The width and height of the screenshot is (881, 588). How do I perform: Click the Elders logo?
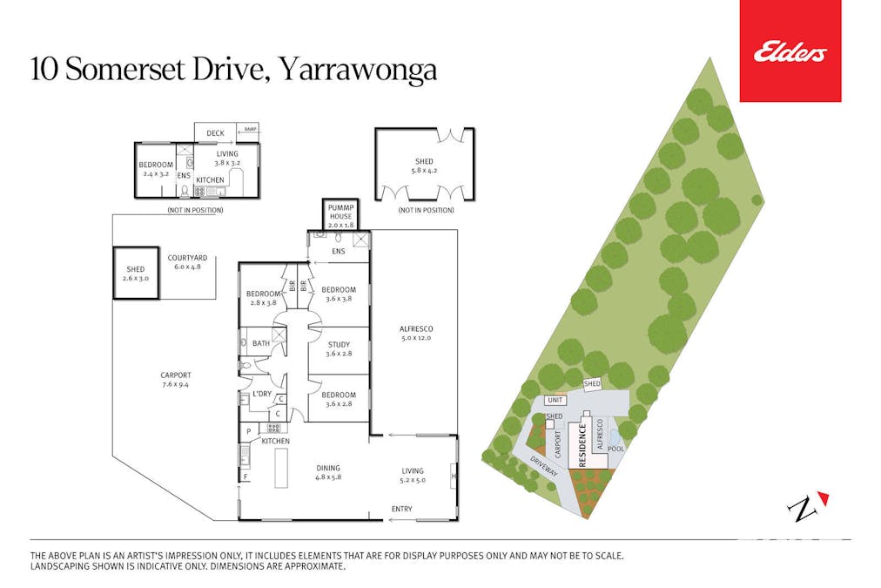790,52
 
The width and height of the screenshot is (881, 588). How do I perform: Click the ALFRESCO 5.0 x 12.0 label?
415,333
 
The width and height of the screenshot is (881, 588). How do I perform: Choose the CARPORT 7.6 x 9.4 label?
176,380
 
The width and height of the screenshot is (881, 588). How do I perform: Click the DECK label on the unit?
215,133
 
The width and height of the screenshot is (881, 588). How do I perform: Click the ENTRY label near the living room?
401,509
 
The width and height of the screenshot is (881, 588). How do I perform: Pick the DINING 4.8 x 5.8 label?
327,472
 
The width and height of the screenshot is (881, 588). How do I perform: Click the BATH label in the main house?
261,344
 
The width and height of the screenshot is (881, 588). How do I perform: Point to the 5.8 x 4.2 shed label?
424,166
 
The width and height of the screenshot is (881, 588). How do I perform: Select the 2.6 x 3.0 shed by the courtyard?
135,274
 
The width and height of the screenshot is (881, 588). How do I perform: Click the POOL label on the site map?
615,449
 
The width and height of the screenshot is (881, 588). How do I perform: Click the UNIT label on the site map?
555,400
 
